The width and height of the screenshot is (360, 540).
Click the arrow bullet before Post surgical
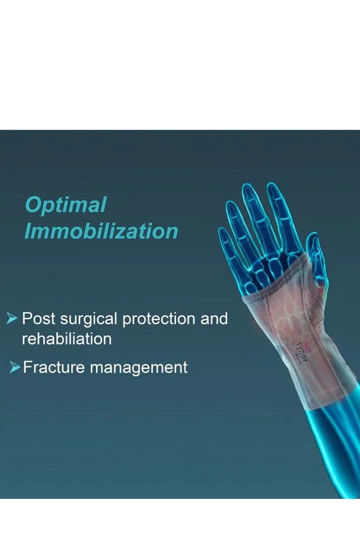coord(12,319)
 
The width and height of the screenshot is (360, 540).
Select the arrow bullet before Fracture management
coord(15,367)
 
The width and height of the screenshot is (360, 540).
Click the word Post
coord(38,319)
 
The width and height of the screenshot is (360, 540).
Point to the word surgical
coord(89,320)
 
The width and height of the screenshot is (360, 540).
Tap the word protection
coord(159,319)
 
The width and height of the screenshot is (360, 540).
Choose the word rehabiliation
coord(67,339)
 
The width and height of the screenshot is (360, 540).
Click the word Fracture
coord(54,367)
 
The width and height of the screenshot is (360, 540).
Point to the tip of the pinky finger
coord(222,231)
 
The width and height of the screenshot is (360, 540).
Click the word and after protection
coord(214,319)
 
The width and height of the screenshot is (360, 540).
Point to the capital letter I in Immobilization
coord(28,231)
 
